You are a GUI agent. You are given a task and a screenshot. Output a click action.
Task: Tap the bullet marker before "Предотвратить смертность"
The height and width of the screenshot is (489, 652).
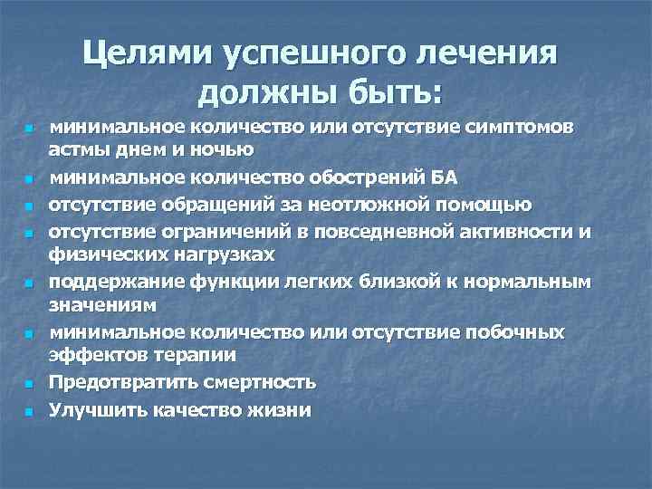point(29,385)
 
